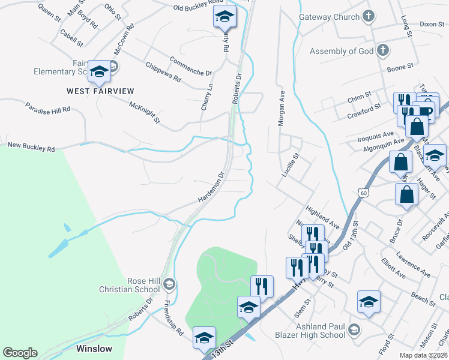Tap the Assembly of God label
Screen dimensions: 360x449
(x=342, y=51)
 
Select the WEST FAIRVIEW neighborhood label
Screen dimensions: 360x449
(x=100, y=91)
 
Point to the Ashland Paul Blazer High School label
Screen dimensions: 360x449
(x=310, y=331)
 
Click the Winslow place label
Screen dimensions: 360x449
(x=94, y=348)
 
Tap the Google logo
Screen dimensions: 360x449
(x=20, y=353)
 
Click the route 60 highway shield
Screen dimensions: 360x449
(x=363, y=193)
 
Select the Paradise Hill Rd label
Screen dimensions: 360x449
(x=48, y=108)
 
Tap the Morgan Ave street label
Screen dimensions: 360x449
(x=280, y=109)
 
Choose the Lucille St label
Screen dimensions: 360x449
(x=291, y=165)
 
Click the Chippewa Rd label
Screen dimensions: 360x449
(x=163, y=71)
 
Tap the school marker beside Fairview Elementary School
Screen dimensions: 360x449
(x=99, y=72)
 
